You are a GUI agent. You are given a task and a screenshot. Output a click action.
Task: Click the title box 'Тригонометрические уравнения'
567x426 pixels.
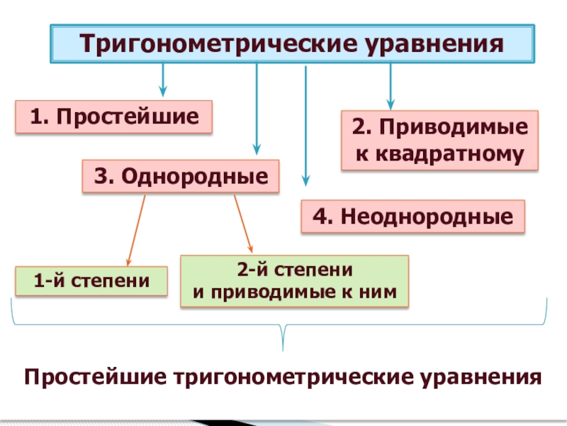[x=291, y=44]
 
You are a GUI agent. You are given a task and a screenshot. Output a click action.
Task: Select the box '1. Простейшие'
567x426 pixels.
[x=113, y=116]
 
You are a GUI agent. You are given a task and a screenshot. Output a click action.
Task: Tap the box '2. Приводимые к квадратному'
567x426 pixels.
[x=440, y=140]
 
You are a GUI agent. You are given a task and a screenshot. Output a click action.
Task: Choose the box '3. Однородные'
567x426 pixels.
[x=181, y=176]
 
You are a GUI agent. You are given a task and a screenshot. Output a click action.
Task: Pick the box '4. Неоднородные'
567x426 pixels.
[x=414, y=217]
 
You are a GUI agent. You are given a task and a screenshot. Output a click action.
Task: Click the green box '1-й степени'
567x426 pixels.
[x=91, y=280]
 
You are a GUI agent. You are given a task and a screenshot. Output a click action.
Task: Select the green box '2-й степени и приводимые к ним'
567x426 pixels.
[x=295, y=281]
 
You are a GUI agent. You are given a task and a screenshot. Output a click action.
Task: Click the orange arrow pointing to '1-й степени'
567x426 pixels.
[x=137, y=229]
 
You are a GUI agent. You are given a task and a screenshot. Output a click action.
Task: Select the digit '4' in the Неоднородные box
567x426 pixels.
[x=317, y=217]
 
